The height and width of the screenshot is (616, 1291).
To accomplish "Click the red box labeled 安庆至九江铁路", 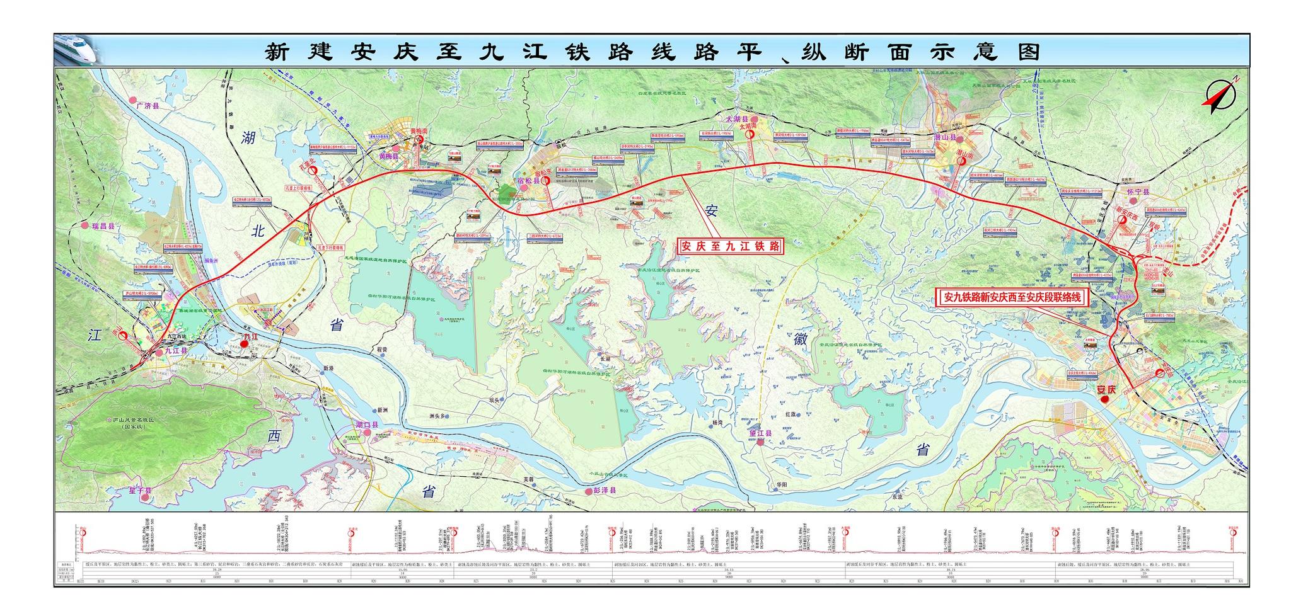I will coord(729,246).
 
